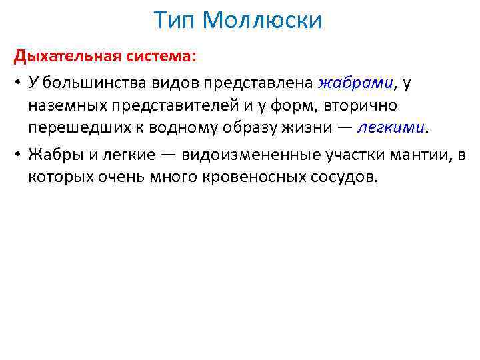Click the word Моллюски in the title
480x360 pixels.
pos(263,21)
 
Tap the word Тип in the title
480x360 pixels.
pos(176,21)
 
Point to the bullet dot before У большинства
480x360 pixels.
pos(19,83)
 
